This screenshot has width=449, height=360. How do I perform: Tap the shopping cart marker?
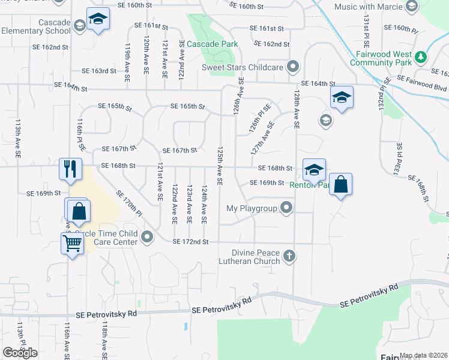point(72,244)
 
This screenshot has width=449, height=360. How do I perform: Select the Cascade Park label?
point(212,44)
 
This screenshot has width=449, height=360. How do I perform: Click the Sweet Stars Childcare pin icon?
point(292,67)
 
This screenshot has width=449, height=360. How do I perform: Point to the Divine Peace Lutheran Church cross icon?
point(289,256)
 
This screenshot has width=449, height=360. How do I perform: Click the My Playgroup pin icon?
point(286,208)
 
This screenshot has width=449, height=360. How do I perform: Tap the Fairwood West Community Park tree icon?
point(422,57)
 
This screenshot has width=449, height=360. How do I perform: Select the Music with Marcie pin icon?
point(411,7)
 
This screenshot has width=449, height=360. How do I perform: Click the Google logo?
point(20,352)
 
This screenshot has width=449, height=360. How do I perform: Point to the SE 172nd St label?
point(190,242)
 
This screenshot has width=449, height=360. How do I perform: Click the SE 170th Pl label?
point(128,203)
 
